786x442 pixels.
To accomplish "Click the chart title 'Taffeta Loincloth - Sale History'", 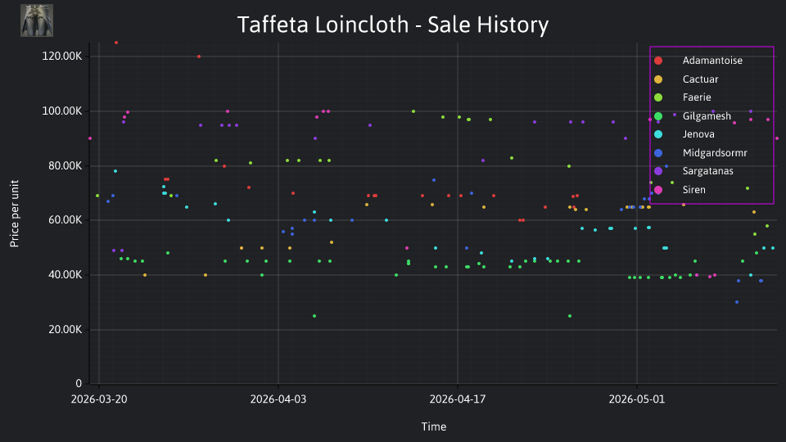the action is pos(392,25).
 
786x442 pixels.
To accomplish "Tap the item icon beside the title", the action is pos(37,20).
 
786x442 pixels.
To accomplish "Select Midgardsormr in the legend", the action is pos(700,153).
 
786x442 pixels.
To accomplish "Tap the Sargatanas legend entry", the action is pos(693,171).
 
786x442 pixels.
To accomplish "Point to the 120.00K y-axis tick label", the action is pos(62,56).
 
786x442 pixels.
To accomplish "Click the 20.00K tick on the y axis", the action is pos(65,330).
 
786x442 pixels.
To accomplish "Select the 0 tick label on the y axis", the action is pos(79,384).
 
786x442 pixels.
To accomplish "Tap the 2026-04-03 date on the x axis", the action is pos(278,399).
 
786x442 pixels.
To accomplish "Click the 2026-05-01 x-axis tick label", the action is pos(637,399).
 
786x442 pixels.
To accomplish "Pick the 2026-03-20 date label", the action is pos(99,399).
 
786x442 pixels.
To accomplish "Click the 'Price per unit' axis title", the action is pos(15,214).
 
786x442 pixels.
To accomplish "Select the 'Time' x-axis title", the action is pos(434,426).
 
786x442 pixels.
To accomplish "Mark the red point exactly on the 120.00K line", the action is pos(199,56).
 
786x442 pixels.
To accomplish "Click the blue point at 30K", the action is pos(737,302).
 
